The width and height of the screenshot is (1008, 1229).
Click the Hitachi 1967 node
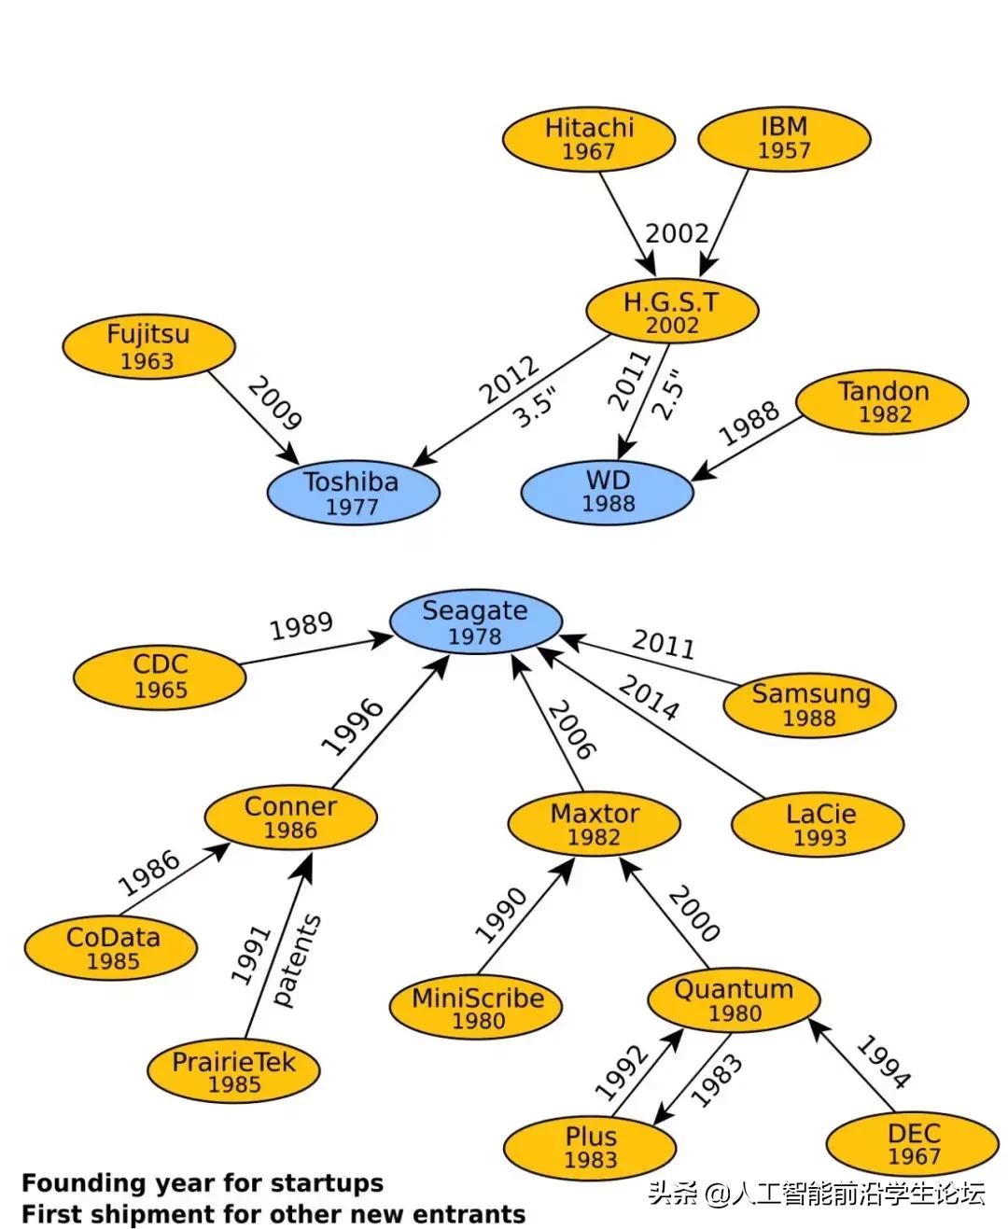[589, 139]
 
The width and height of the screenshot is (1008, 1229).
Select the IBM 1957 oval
[784, 138]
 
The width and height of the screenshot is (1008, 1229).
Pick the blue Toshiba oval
[352, 494]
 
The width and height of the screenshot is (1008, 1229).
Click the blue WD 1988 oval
[608, 492]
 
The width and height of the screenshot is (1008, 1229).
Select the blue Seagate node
[475, 622]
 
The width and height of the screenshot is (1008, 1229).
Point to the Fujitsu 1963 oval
[147, 347]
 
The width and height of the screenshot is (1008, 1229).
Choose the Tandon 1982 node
[883, 401]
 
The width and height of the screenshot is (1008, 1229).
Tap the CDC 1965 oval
[161, 677]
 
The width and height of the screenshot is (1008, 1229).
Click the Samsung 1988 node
[810, 705]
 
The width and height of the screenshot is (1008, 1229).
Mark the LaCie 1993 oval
[819, 825]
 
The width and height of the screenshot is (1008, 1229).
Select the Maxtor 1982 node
[595, 824]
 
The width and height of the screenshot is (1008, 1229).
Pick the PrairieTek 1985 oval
[233, 1072]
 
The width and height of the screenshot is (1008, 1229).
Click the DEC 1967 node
[913, 1145]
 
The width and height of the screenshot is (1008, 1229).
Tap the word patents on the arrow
[298, 960]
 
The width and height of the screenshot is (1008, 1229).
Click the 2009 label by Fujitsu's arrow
[273, 403]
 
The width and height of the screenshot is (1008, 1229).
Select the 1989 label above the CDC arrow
[301, 626]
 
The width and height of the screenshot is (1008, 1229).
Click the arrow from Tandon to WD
[747, 449]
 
